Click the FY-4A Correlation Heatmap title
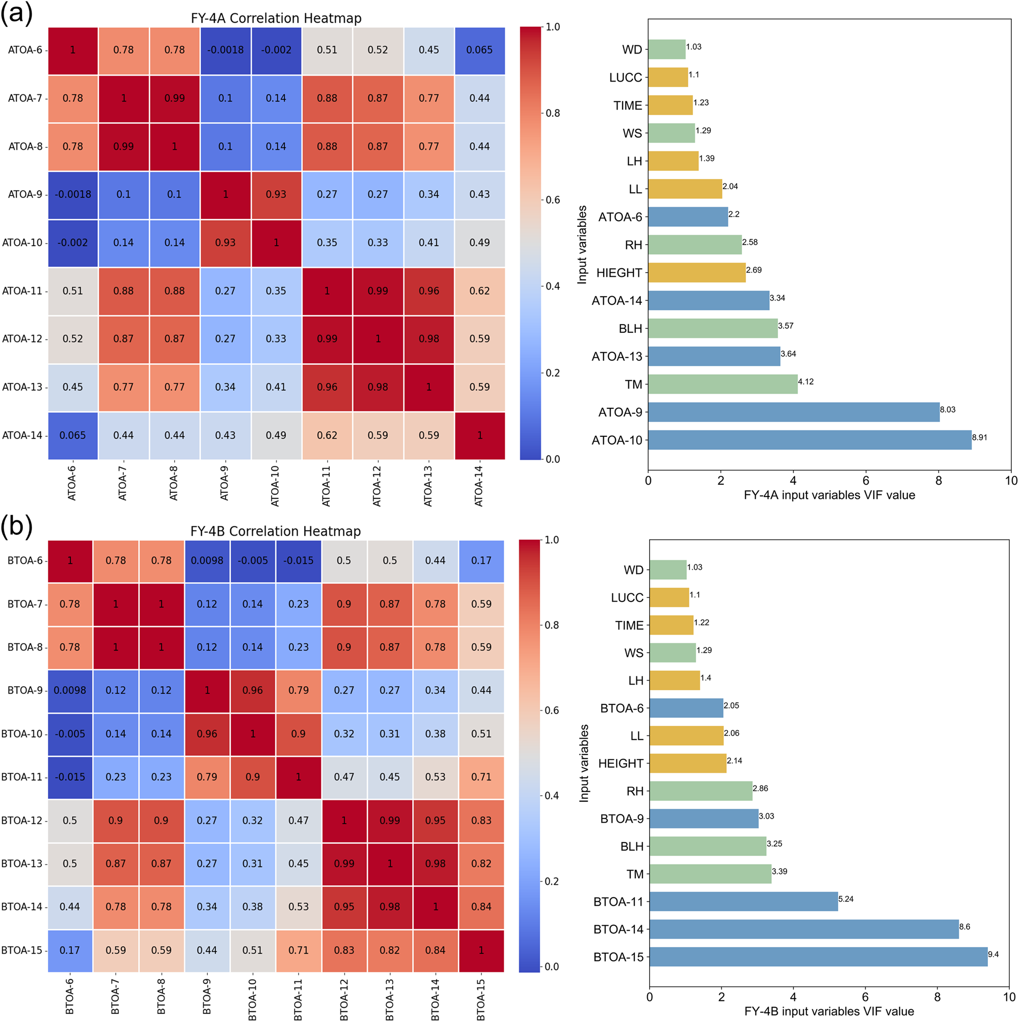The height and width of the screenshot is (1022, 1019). pos(276,18)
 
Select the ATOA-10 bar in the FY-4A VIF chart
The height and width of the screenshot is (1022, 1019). pos(809,439)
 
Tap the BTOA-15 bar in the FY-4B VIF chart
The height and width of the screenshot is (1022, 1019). pos(818,956)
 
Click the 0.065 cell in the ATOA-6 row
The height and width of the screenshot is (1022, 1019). pos(479,50)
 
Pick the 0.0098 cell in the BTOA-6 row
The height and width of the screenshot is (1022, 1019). pos(207,560)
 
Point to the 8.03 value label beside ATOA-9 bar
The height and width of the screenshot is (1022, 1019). pos(948,409)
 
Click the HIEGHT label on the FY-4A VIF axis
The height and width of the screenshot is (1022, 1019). pos(619,273)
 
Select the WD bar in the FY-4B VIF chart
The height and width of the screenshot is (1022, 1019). pos(667,570)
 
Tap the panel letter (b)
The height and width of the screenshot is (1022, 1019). pos(16,526)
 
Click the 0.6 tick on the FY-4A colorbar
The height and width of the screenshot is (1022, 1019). pos(553,199)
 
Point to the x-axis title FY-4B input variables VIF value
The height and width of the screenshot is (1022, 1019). pos(828,1011)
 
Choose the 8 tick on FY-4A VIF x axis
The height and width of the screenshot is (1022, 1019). pos(938,480)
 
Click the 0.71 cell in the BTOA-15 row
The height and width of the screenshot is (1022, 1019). pos(298,950)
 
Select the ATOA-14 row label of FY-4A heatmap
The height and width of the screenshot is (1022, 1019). pos(22,435)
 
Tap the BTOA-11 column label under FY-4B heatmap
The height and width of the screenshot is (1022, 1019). pos(298,999)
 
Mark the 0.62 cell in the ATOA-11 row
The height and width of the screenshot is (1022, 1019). pos(479,291)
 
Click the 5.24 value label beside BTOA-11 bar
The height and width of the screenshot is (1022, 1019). pos(846,899)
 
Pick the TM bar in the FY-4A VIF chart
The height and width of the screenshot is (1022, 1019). pos(722,384)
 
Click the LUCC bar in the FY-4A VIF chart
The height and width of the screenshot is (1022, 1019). pos(667,77)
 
